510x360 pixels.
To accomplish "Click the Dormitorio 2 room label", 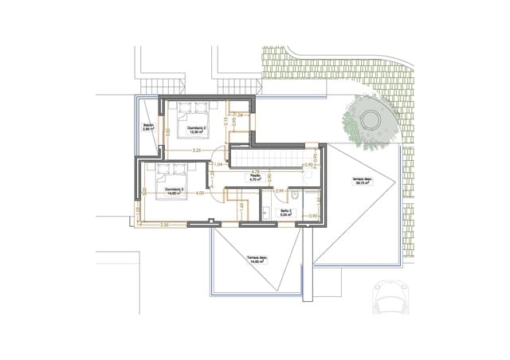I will coord(196,129).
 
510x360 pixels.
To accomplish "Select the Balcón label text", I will coord(147,127).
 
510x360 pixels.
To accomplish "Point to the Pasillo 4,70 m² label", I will coord(256,179).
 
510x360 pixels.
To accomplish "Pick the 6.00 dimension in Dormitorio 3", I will coord(200,193).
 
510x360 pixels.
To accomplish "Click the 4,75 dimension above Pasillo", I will coord(256,170).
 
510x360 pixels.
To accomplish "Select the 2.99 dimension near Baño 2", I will coord(280,192).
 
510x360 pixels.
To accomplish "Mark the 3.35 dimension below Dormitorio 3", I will coord(163,226).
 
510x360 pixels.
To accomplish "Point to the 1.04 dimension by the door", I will coord(218,165).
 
